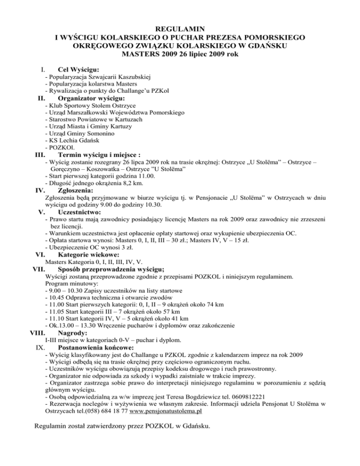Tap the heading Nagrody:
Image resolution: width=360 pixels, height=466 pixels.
click(x=73, y=332)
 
